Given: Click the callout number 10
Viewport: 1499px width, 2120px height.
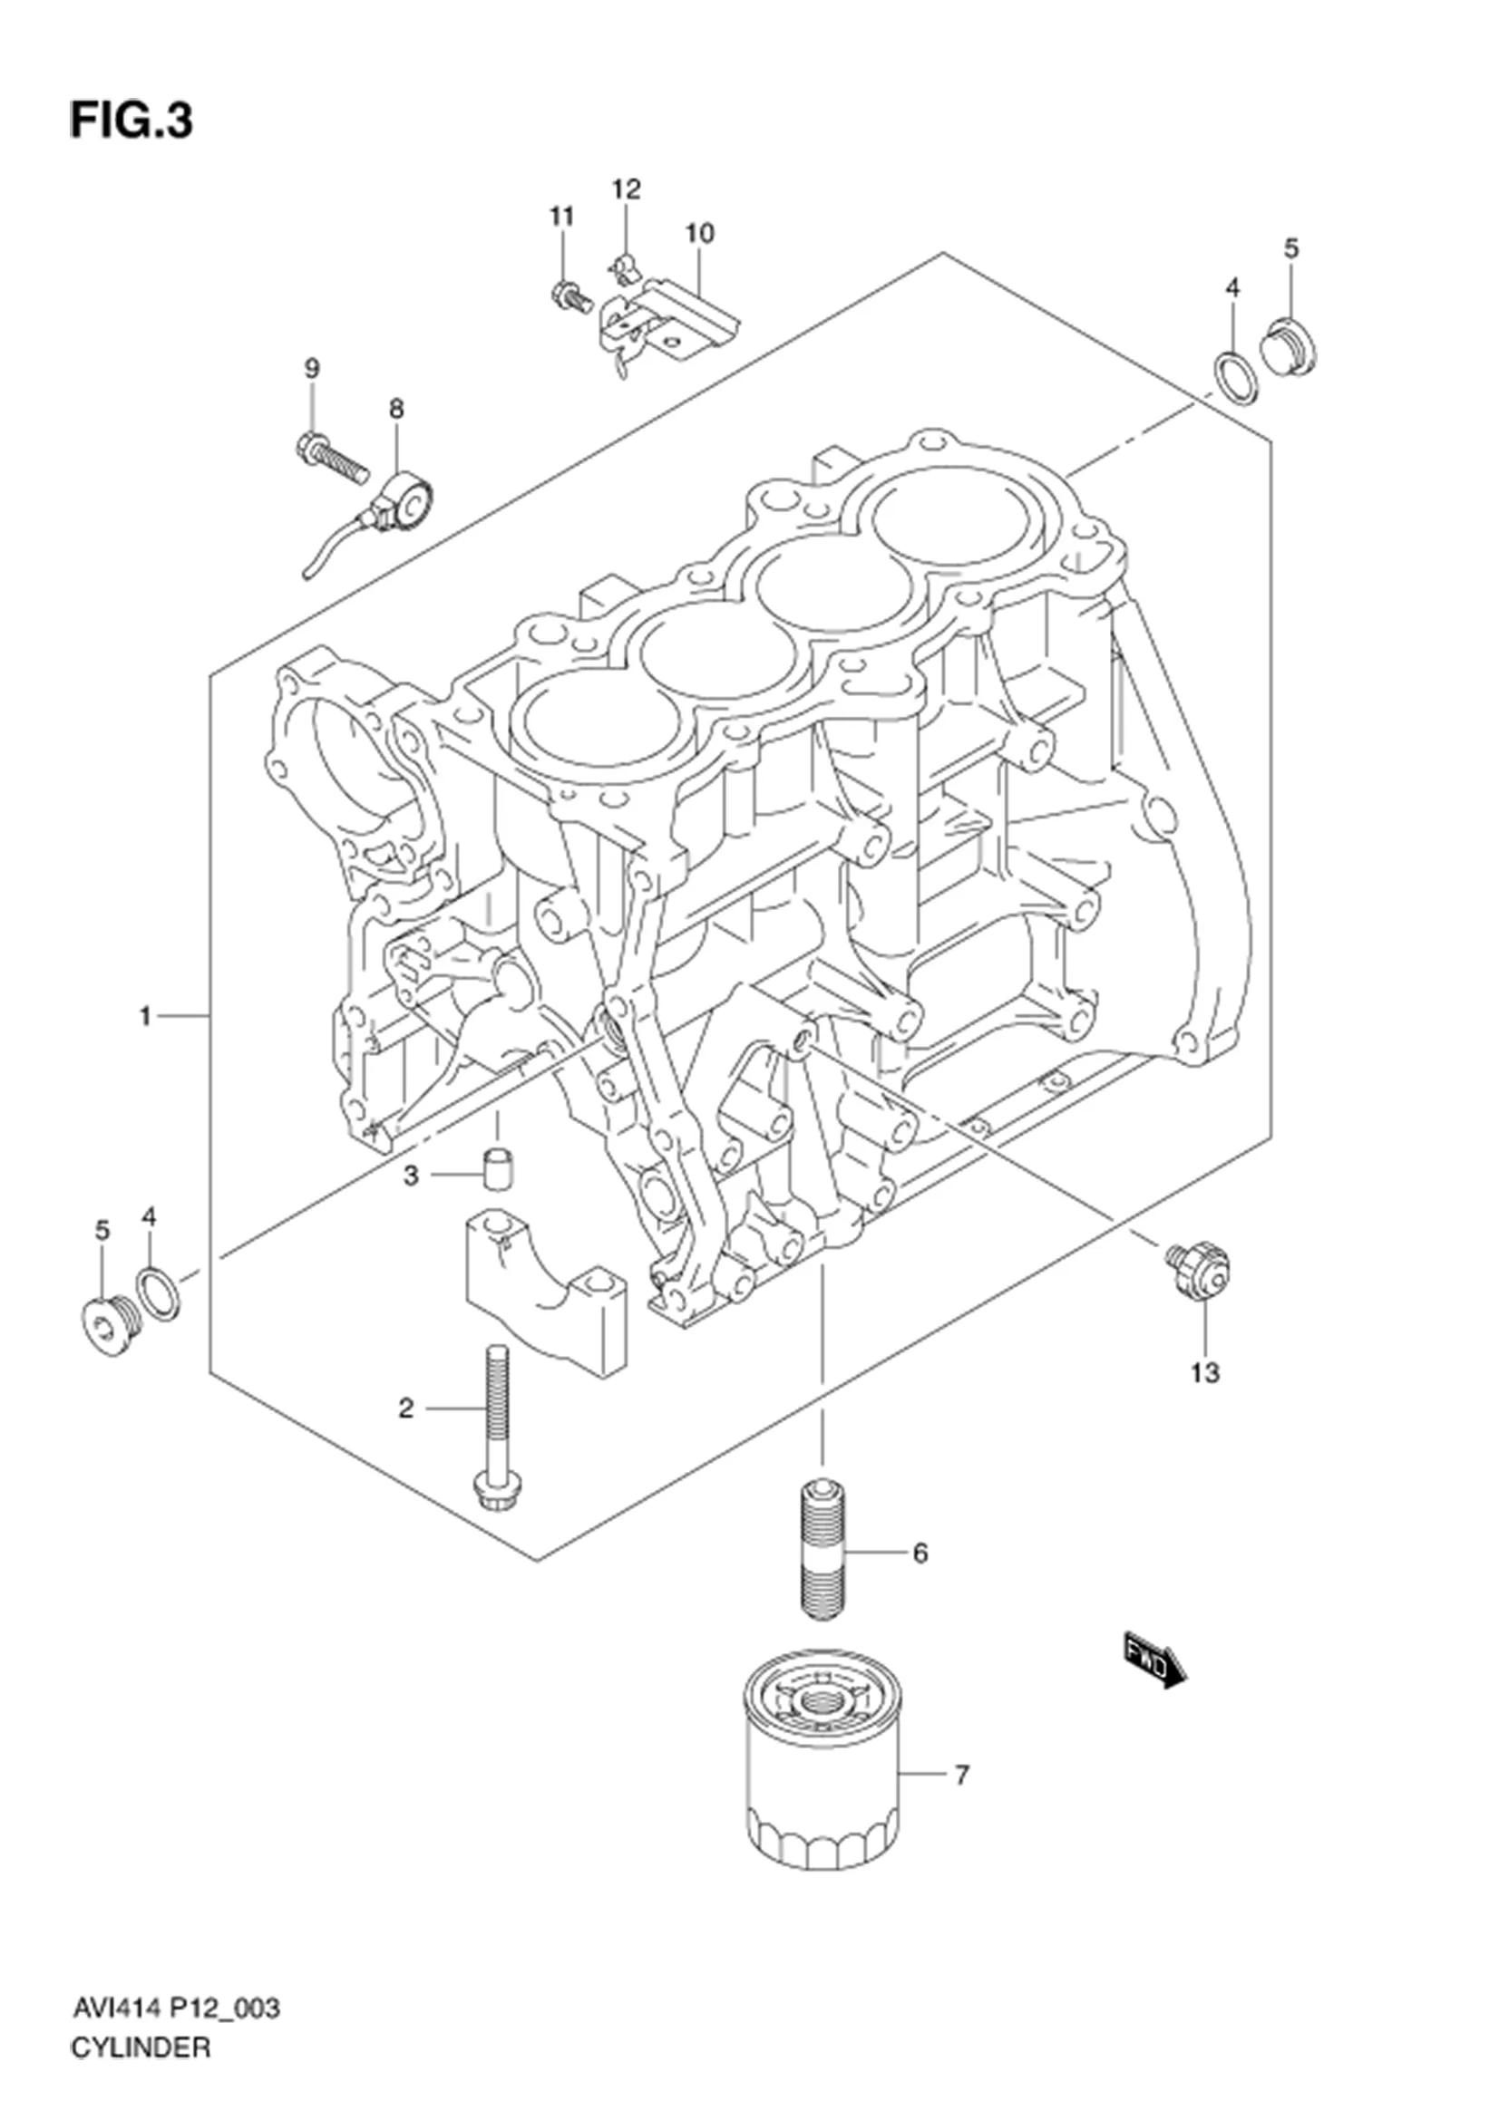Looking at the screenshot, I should (699, 234).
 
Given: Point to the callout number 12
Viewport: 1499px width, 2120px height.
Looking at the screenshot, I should (626, 189).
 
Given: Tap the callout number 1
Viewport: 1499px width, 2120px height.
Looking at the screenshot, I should (145, 1017).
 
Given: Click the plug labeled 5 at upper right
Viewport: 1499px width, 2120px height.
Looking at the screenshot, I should (1290, 346).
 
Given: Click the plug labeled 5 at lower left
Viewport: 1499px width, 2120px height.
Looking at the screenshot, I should (103, 1327).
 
